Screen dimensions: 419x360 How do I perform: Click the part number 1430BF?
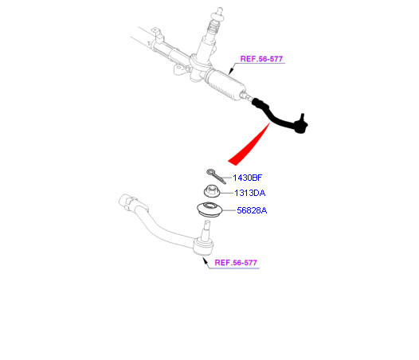(247, 178)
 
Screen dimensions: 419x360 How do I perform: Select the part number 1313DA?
(249, 193)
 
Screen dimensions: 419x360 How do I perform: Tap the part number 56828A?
(252, 210)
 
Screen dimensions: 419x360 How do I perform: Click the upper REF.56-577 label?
(261, 59)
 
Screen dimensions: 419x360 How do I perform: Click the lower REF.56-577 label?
(236, 263)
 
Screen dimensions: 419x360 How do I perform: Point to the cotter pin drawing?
(216, 176)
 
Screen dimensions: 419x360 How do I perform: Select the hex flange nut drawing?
(212, 191)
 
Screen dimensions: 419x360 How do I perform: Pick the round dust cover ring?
(209, 210)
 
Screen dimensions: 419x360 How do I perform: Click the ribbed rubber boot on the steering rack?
(225, 84)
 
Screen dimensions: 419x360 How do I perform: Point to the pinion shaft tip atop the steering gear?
(220, 12)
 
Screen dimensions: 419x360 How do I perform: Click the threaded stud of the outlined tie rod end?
(206, 230)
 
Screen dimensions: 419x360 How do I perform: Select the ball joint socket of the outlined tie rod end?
(204, 247)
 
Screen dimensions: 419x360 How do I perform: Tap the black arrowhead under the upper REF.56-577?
(231, 71)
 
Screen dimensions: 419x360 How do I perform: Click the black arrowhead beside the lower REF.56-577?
(206, 260)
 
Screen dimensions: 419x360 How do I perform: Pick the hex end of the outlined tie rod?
(127, 201)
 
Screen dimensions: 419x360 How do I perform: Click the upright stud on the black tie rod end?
(303, 118)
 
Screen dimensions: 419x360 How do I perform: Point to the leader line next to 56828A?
(229, 210)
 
